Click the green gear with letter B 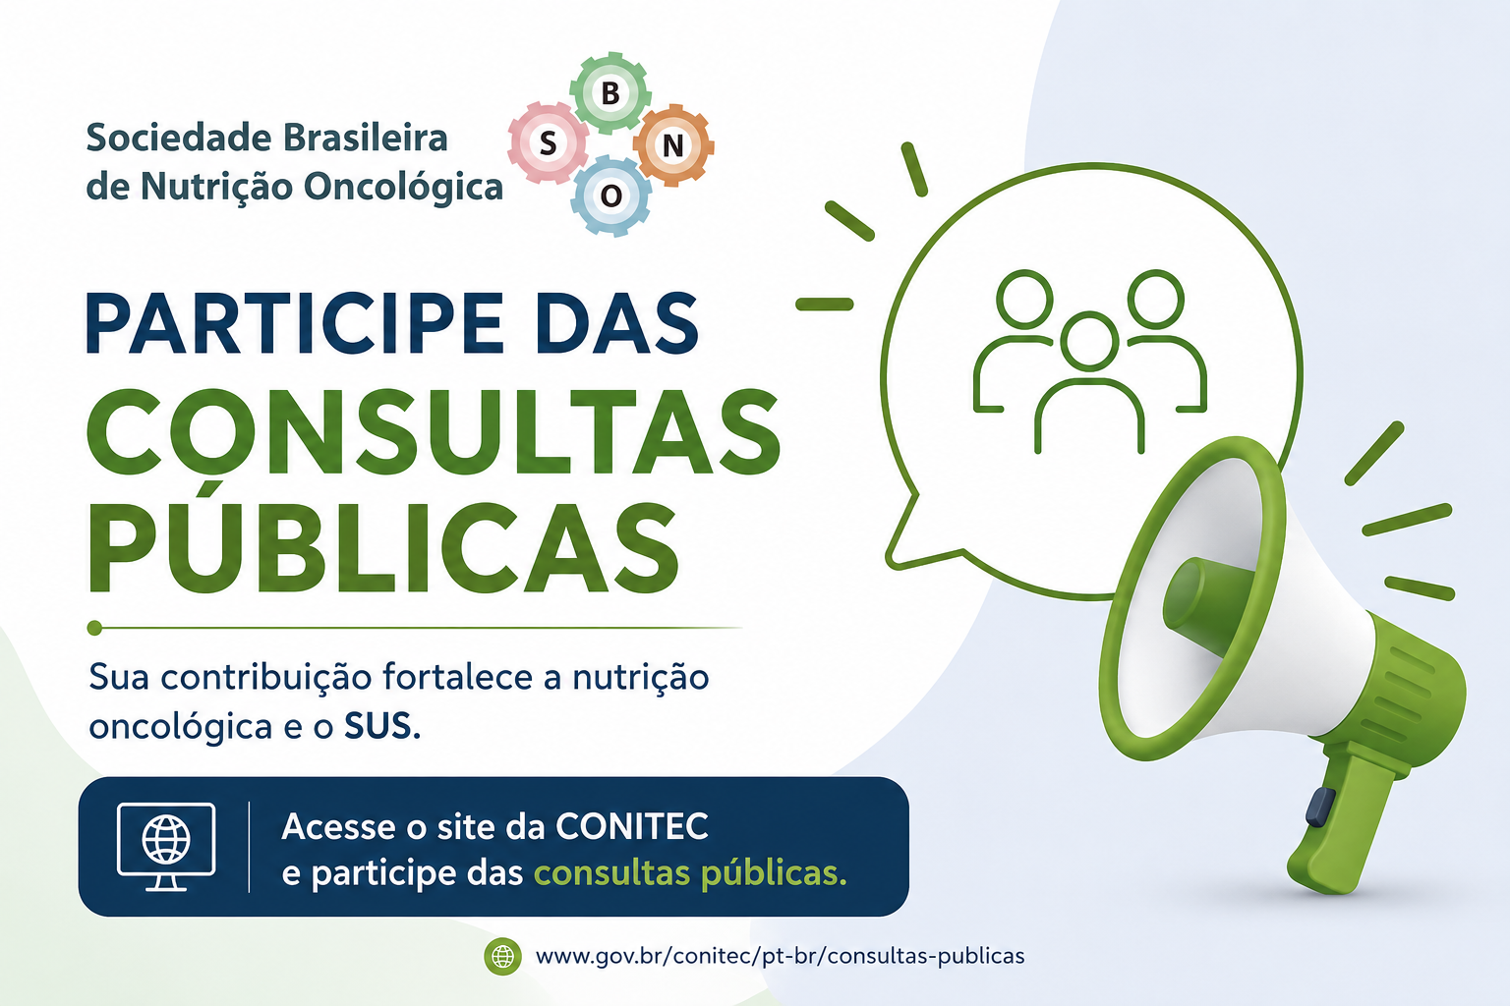click(x=610, y=93)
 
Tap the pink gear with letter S click(x=548, y=142)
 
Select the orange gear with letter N click(x=672, y=144)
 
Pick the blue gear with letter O click(x=610, y=196)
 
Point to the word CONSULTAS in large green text click(x=434, y=432)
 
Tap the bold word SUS click(x=382, y=726)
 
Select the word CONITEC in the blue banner click(x=632, y=826)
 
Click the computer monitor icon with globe click(x=166, y=847)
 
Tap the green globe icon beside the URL click(x=503, y=956)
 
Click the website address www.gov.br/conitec click(x=780, y=956)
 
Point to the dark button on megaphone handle click(x=1320, y=808)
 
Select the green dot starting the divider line click(x=94, y=628)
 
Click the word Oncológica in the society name click(x=403, y=187)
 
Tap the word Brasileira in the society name click(x=365, y=138)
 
